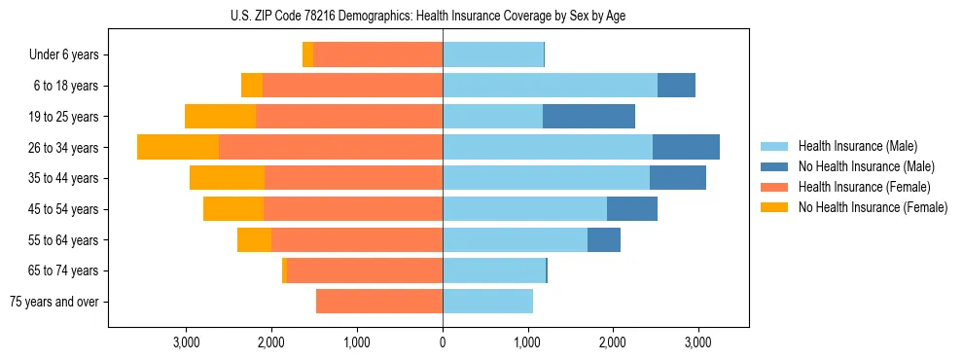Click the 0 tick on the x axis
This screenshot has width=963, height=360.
click(443, 342)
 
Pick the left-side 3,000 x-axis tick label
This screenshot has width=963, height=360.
click(186, 342)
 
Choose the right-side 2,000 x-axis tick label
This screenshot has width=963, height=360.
click(612, 342)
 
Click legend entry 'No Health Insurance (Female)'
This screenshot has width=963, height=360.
click(873, 207)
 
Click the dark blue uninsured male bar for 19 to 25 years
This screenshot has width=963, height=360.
click(588, 117)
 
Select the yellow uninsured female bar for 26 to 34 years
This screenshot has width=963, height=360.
click(178, 147)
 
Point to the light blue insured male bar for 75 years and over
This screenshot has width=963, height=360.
click(487, 302)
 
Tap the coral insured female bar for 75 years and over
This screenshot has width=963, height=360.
click(379, 302)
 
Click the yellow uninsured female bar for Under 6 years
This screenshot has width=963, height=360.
click(307, 55)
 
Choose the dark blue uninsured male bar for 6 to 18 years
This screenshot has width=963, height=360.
click(676, 86)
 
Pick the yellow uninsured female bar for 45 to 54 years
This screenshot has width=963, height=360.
click(233, 209)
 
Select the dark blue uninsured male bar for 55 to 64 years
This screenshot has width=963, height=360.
click(604, 240)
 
